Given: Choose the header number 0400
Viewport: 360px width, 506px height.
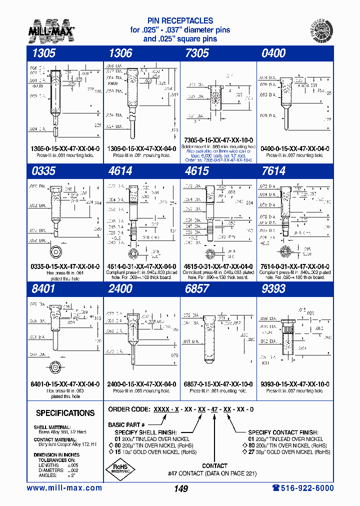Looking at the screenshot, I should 273,53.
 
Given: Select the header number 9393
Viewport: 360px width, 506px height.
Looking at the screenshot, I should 273,289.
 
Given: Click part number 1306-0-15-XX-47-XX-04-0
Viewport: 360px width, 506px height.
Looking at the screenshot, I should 141,149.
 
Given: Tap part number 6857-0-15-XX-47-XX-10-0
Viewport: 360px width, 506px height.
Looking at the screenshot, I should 218,384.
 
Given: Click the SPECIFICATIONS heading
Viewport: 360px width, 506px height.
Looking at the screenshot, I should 65,413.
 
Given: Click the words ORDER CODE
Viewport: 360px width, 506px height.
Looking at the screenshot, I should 129,409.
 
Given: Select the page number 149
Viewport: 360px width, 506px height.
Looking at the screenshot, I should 180,488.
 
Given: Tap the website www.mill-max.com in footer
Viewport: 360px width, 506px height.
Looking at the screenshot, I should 64,488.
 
